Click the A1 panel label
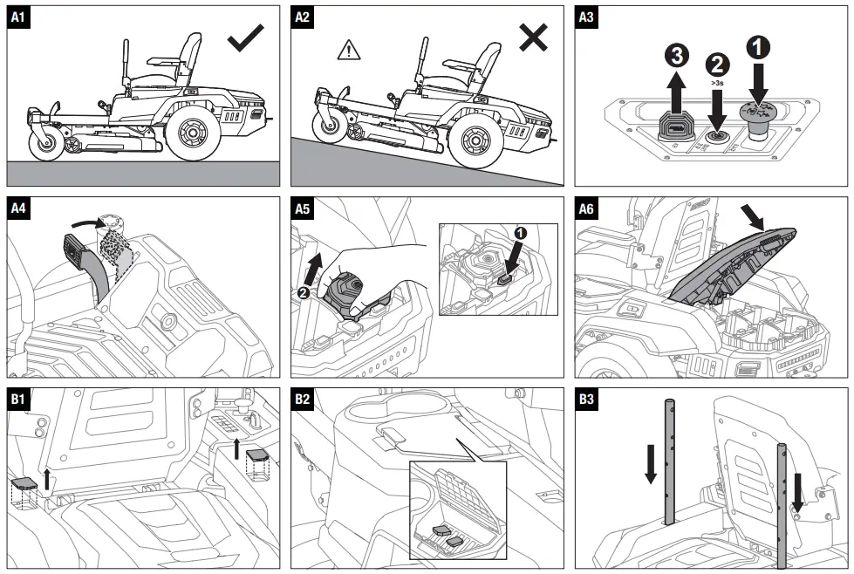click(18, 17)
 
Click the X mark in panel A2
click(532, 38)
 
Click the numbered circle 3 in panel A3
click(676, 58)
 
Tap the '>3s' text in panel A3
click(717, 83)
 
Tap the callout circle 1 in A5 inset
click(521, 233)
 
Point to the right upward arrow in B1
click(236, 448)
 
